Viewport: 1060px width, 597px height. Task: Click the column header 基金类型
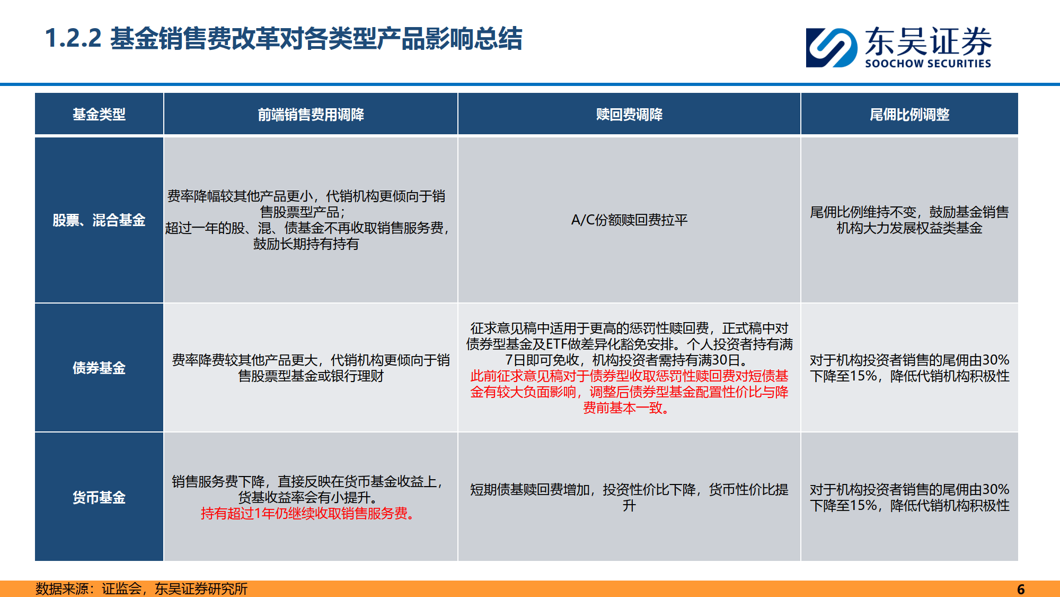coord(99,114)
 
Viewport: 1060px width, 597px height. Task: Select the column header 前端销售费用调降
coord(311,114)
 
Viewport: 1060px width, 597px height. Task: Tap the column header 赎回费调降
coord(629,114)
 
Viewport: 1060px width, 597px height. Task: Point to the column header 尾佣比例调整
coord(909,114)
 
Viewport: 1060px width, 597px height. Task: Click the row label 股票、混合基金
coord(99,220)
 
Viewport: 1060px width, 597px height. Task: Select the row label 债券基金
coord(99,368)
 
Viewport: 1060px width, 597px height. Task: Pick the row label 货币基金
coord(99,497)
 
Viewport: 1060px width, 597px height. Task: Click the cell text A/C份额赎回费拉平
coord(629,220)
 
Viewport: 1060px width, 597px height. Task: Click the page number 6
coord(1021,589)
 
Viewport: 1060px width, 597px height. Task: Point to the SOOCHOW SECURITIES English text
coord(928,64)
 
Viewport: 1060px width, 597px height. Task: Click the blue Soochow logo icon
coord(832,48)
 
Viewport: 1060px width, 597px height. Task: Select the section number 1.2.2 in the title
coord(73,38)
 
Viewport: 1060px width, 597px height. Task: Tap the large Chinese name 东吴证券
coord(928,41)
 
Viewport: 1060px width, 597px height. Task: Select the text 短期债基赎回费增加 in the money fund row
coord(529,489)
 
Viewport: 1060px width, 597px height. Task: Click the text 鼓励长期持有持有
coord(306,244)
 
